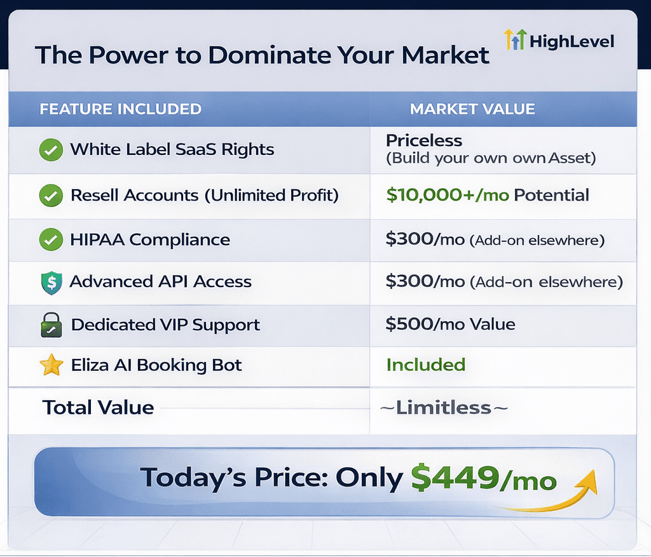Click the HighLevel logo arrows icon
click(515, 39)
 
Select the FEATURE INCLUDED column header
click(120, 109)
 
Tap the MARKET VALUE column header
click(472, 109)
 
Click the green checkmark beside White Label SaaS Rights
click(51, 149)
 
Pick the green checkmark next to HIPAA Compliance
click(51, 239)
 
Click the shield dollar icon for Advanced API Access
click(51, 283)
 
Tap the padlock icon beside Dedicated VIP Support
click(51, 325)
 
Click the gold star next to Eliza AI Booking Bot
click(51, 365)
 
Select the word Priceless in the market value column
click(424, 140)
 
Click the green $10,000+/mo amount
click(448, 194)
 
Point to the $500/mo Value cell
click(450, 324)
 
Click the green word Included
click(425, 365)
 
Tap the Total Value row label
click(98, 407)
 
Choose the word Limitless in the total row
click(443, 408)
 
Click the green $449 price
click(455, 478)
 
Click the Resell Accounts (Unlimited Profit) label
click(205, 196)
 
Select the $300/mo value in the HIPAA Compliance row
click(425, 239)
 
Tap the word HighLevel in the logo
click(572, 41)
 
